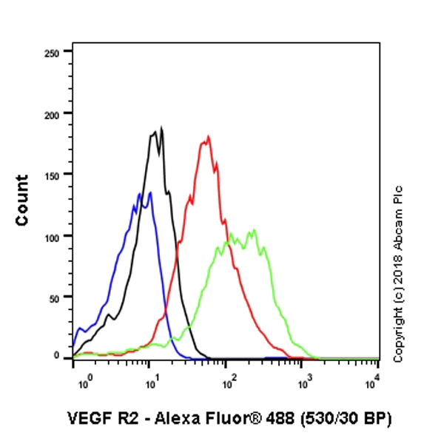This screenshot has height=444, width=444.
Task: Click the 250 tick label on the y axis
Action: pyautogui.click(x=53, y=52)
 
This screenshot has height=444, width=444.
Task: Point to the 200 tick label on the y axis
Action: pyautogui.click(x=53, y=113)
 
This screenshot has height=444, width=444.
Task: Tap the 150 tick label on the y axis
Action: pyautogui.click(x=53, y=175)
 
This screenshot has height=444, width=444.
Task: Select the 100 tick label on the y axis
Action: pyautogui.click(x=53, y=235)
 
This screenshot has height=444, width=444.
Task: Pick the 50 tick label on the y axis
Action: pyautogui.click(x=56, y=297)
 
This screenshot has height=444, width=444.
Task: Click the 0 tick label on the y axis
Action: pyautogui.click(x=58, y=356)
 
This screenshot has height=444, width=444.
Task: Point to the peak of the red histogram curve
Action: pyautogui.click(x=209, y=136)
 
